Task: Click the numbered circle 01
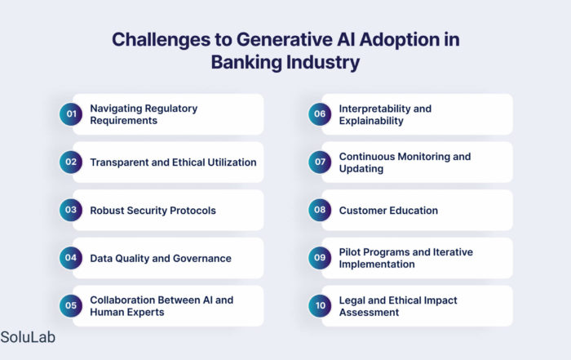coord(71,114)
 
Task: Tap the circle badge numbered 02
coord(71,162)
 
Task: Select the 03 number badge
coord(71,210)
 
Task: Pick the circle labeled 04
coord(71,258)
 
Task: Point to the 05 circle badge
coord(71,305)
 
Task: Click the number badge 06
coord(320,114)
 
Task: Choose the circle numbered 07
coord(320,162)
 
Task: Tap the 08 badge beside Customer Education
coord(320,210)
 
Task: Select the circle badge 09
coord(320,258)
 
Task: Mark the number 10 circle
coord(320,305)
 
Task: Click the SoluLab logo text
coord(28,337)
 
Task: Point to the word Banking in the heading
coord(246,62)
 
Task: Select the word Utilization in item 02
coord(232,162)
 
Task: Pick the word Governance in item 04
coord(202,258)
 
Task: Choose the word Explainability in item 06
coord(371,121)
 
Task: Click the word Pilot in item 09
coord(348,252)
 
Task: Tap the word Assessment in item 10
coord(369,313)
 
